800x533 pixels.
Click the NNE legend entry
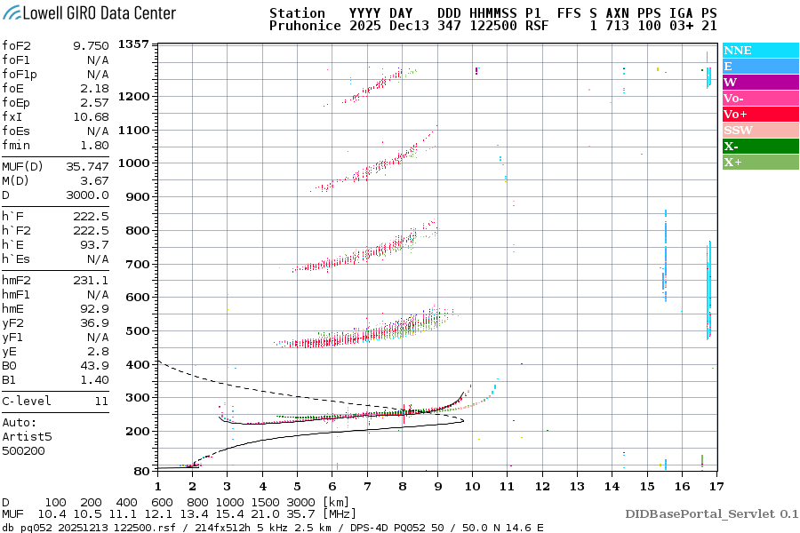pyautogui.click(x=738, y=51)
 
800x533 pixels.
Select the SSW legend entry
pyautogui.click(x=738, y=131)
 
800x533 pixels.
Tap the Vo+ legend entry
pyautogui.click(x=736, y=115)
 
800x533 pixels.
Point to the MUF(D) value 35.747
pyautogui.click(x=87, y=166)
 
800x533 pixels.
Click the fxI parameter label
pyautogui.click(x=12, y=116)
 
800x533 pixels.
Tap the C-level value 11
pyautogui.click(x=101, y=401)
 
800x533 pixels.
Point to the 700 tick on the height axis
pyautogui.click(x=137, y=264)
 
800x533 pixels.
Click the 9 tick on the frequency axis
pyautogui.click(x=436, y=486)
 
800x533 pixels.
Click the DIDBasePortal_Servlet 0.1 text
pyautogui.click(x=711, y=513)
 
